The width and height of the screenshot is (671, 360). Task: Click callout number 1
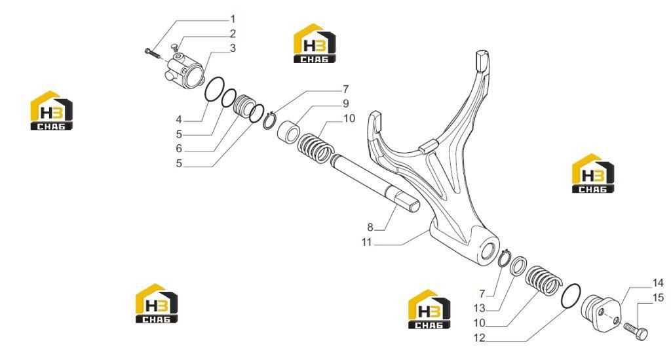pos(233,19)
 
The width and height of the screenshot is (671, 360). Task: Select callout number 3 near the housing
pos(233,48)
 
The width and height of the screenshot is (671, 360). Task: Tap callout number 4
pos(179,119)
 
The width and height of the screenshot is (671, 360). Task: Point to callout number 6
pos(179,149)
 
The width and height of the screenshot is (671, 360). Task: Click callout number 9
pos(346,104)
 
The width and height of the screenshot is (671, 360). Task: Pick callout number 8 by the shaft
pos(370,227)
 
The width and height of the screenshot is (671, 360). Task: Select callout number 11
pos(367,242)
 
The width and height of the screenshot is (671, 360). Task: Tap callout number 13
pos(479,308)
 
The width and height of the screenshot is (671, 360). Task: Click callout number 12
pos(479,338)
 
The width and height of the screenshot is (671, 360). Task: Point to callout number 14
pos(658,283)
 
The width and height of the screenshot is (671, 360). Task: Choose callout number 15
pos(658,297)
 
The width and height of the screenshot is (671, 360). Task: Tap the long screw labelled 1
pos(152,53)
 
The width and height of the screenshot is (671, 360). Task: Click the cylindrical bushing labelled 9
pos(288,131)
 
